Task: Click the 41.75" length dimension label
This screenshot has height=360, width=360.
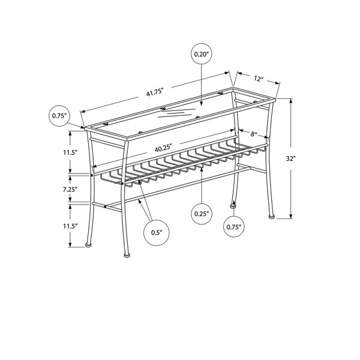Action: click(155, 92)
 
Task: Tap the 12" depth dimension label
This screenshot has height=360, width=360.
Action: click(258, 79)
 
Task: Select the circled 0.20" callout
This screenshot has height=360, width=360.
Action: click(202, 54)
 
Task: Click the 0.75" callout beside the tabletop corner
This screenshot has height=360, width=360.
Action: click(59, 116)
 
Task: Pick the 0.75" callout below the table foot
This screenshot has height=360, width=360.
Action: click(234, 227)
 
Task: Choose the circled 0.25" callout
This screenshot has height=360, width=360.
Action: click(202, 214)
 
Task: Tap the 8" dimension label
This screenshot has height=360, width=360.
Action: click(253, 134)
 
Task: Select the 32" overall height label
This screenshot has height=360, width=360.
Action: click(290, 158)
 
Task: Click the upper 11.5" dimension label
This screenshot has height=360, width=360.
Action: click(70, 152)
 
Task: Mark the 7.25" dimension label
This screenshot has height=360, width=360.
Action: click(70, 190)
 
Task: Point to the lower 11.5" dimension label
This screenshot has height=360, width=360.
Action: click(70, 226)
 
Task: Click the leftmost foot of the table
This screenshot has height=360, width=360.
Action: click(88, 245)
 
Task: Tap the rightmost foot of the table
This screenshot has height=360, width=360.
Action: click(272, 216)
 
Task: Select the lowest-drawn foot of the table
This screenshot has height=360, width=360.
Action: click(127, 255)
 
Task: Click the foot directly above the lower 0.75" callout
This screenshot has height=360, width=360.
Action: click(233, 206)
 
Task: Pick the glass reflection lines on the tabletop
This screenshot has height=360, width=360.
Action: click(177, 113)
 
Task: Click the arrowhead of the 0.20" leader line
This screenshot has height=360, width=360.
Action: click(202, 104)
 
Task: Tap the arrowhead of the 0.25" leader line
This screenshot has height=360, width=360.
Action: click(202, 169)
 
